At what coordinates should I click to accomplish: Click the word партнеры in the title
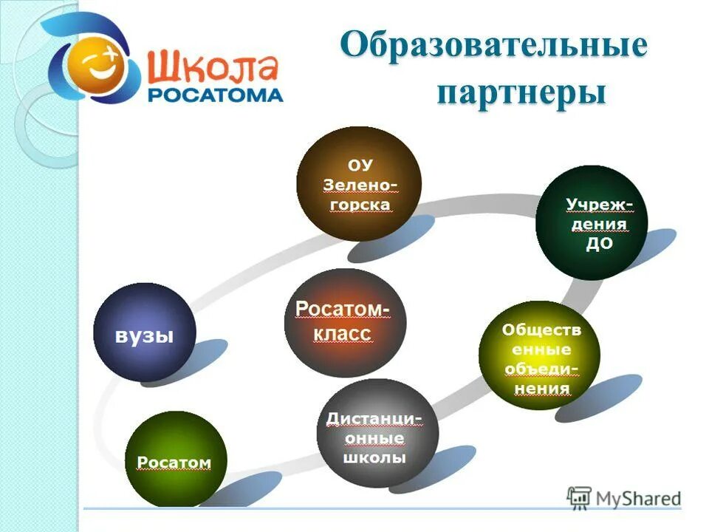(521, 94)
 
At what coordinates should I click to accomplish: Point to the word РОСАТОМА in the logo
(215, 95)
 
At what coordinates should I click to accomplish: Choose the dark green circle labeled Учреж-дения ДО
(591, 222)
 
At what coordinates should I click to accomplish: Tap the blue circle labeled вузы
(144, 333)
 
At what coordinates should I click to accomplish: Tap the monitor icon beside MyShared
(580, 497)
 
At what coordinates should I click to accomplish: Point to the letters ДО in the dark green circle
(599, 245)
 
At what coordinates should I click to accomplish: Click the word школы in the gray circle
(374, 458)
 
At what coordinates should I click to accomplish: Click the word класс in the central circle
(342, 333)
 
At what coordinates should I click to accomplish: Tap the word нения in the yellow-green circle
(542, 388)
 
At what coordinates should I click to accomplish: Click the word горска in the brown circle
(359, 204)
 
